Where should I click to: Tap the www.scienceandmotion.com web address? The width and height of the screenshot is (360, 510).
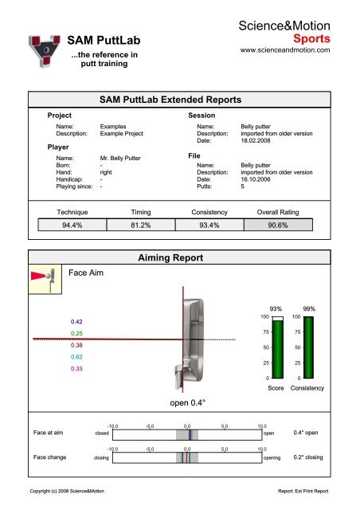coord(289,50)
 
